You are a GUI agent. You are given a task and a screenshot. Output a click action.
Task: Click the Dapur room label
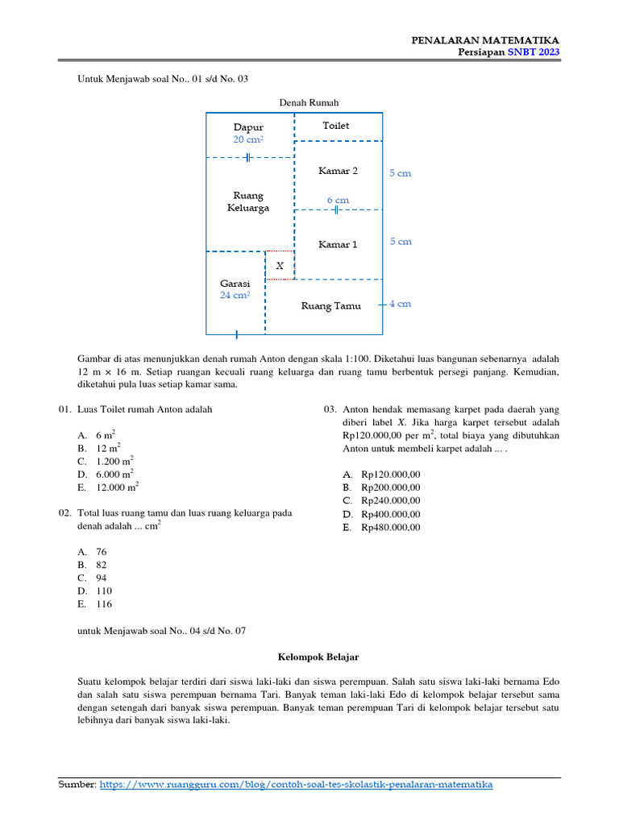click(248, 127)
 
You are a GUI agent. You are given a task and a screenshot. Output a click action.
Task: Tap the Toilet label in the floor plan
click(336, 126)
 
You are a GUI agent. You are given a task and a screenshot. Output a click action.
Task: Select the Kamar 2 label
click(338, 171)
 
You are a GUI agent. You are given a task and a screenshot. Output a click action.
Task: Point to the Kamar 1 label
click(338, 244)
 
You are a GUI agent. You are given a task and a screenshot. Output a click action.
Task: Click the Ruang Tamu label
click(331, 305)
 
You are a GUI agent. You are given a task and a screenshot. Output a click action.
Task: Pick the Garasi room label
click(235, 284)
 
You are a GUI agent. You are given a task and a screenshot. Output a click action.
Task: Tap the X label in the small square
click(280, 265)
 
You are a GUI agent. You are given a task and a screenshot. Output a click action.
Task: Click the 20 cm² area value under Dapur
click(248, 139)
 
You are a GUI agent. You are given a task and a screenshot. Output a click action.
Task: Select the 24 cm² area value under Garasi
click(235, 296)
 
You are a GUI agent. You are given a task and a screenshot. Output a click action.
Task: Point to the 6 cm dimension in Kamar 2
click(338, 200)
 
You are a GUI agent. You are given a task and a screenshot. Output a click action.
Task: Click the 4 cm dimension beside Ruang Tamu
click(401, 304)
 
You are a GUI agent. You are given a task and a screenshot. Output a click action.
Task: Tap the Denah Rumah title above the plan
click(309, 102)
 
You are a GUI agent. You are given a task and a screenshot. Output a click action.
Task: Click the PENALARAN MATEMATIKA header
click(485, 40)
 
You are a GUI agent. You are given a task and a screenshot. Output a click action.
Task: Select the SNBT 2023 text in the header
click(534, 52)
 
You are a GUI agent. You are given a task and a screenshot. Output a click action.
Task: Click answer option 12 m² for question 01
click(108, 447)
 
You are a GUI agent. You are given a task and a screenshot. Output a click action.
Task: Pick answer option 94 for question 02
click(101, 578)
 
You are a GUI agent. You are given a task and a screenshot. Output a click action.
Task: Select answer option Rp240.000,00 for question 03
click(390, 500)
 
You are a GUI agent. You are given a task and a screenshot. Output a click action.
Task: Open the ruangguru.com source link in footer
click(296, 784)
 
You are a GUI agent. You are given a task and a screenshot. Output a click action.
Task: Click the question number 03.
click(330, 409)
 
